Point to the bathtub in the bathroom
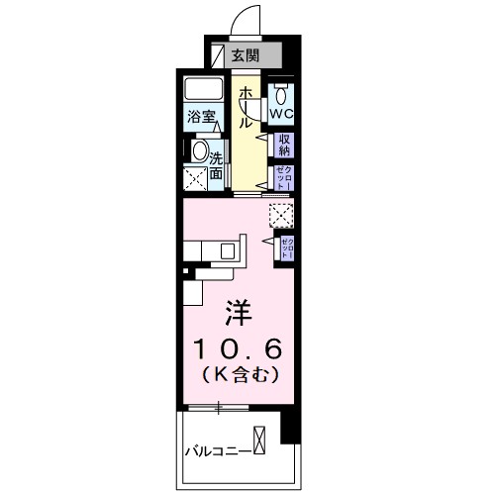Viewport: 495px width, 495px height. [206, 90]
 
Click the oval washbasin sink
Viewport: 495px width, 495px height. [200, 153]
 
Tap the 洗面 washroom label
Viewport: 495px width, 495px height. [216, 162]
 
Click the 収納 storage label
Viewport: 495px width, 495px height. [284, 146]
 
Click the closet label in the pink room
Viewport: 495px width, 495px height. [285, 247]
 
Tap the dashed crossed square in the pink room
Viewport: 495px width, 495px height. [281, 214]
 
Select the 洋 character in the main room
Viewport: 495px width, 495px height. [243, 313]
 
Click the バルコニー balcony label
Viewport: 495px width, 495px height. [218, 453]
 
